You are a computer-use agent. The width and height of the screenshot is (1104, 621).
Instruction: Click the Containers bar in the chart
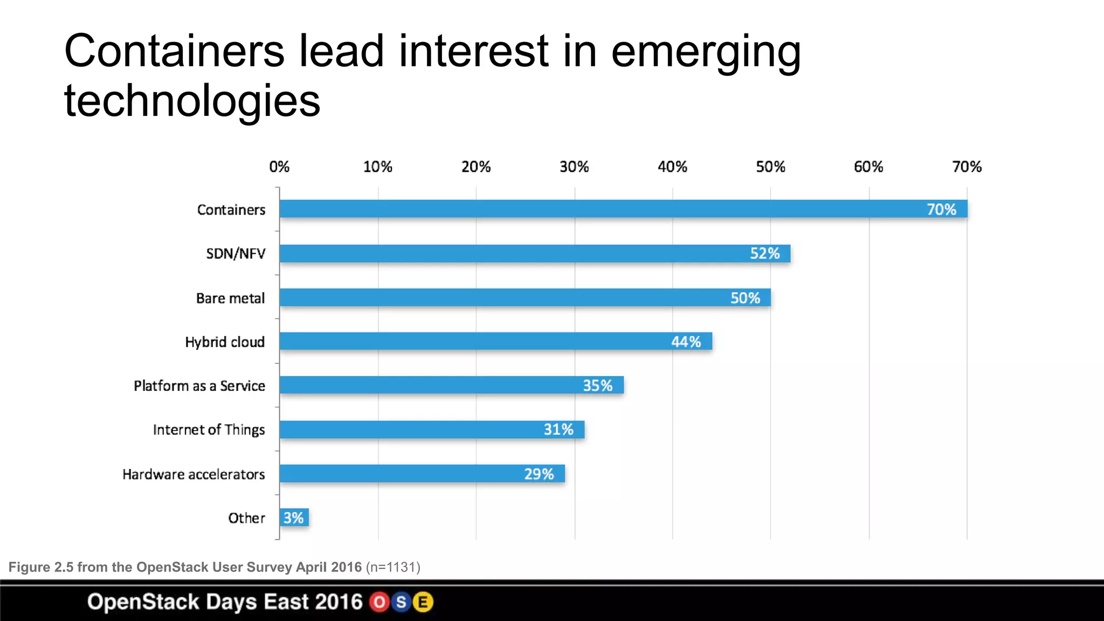coord(593,209)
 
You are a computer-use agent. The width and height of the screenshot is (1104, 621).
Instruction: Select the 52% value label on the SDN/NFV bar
coord(764,253)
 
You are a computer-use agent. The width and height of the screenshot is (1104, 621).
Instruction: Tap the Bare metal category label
coord(230,298)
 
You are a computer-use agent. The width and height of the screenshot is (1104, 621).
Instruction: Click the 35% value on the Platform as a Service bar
coord(597,385)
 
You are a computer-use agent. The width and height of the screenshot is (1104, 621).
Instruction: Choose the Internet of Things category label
coord(209,430)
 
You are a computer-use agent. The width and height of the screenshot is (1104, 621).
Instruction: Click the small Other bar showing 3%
coord(294,517)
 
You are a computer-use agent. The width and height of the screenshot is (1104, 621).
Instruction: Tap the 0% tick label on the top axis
coord(279,167)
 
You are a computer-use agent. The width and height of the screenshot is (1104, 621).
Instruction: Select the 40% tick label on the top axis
coord(672,167)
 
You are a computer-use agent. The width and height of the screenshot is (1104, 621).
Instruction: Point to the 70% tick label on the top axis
coord(967,167)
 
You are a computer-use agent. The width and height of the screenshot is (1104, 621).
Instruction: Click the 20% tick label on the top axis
coord(476,167)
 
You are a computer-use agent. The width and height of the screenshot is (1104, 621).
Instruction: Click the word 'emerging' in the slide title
coord(706,52)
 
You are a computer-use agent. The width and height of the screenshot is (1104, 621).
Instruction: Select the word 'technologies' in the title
coord(192,101)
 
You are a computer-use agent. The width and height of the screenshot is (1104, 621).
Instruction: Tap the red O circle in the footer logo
coord(379,602)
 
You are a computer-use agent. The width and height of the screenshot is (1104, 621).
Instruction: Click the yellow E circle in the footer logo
coord(423,602)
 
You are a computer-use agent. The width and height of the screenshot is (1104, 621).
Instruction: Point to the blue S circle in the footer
coord(401,602)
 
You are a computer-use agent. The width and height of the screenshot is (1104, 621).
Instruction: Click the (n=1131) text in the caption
coord(393,567)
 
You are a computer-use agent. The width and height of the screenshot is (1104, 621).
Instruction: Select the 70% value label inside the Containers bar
coord(941,209)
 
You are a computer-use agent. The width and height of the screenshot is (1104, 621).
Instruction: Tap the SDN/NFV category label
coord(236,253)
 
